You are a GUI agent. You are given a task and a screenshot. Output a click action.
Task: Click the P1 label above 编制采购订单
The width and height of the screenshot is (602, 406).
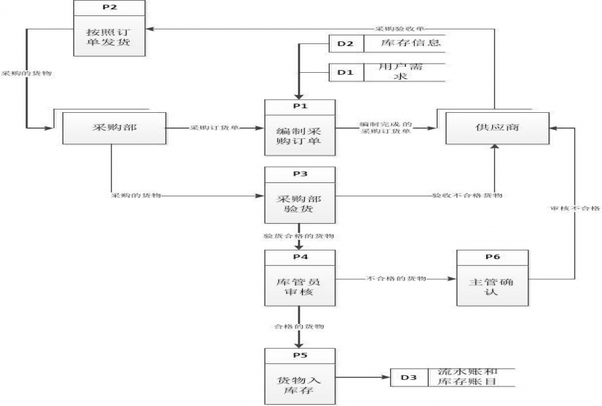point(299,106)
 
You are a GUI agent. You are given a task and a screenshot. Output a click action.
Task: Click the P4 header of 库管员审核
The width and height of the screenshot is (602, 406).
point(299,257)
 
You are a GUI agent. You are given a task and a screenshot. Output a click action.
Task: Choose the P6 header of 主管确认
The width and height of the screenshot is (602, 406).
point(492,257)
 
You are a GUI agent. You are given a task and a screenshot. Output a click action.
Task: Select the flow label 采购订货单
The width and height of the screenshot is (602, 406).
point(215,127)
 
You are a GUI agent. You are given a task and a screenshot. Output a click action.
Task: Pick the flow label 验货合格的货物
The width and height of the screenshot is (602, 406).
point(299,236)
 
